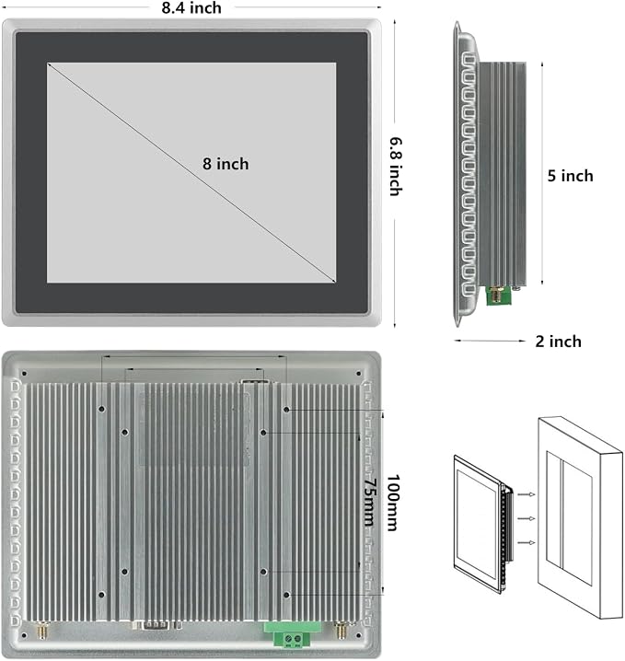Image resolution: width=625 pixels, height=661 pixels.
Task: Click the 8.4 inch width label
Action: pyautogui.click(x=191, y=8)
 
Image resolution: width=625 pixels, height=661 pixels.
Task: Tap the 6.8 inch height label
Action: pyautogui.click(x=395, y=167)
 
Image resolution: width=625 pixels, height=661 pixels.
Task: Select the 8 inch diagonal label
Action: pyautogui.click(x=226, y=164)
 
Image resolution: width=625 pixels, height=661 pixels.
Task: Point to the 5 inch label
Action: pyautogui.click(x=570, y=176)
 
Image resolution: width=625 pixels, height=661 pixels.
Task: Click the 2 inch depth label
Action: pyautogui.click(x=559, y=342)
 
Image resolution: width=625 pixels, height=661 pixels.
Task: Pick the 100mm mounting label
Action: pyautogui.click(x=393, y=503)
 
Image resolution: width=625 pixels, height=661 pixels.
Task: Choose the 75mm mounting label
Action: pyautogui.click(x=370, y=502)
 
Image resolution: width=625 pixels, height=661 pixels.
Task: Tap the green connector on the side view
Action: pyautogui.click(x=499, y=296)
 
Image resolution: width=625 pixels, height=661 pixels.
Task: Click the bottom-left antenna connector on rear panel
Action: pyautogui.click(x=43, y=631)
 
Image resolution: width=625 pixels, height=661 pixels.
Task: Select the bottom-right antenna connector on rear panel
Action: pyautogui.click(x=340, y=631)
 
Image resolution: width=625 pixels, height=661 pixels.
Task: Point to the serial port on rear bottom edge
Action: pyautogui.click(x=157, y=625)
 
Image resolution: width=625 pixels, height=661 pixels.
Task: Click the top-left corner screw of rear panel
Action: pyautogui.click(x=25, y=374)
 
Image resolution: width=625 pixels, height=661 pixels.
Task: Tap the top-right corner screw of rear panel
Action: pyautogui.click(x=359, y=374)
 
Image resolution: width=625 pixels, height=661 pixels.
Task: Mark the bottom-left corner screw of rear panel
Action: pyautogui.click(x=25, y=636)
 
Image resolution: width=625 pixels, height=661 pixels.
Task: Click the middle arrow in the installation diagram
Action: pyautogui.click(x=527, y=518)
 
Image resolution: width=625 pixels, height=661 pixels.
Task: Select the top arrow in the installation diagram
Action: pyautogui.click(x=527, y=494)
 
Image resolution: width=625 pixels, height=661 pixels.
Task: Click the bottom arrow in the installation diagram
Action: pyautogui.click(x=527, y=543)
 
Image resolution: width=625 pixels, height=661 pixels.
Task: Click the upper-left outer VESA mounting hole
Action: pyautogui.click(x=101, y=409)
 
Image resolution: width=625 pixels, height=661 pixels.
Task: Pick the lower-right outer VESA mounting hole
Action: pyautogui.click(x=286, y=595)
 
